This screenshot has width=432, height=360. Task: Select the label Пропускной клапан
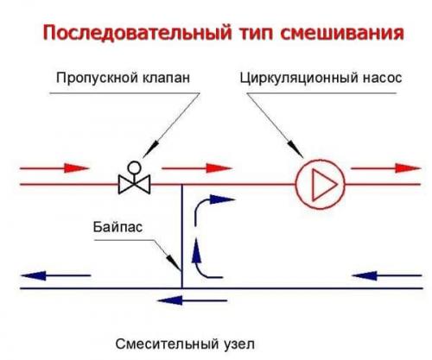point(123,79)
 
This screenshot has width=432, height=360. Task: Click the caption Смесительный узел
point(185,342)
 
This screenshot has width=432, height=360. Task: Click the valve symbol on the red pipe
point(135,183)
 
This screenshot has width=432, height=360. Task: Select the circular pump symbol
point(320,183)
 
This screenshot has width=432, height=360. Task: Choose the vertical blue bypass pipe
point(181,233)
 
